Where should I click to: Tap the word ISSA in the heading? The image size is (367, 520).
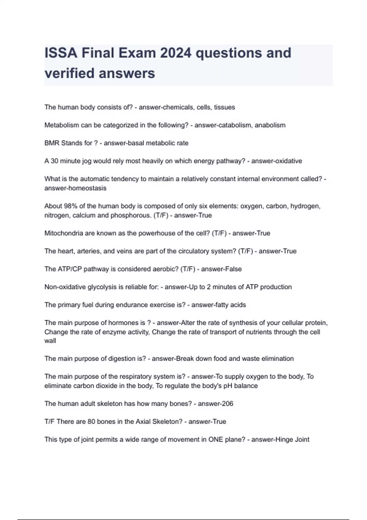61,53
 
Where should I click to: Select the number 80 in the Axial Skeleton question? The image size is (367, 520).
91,422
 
